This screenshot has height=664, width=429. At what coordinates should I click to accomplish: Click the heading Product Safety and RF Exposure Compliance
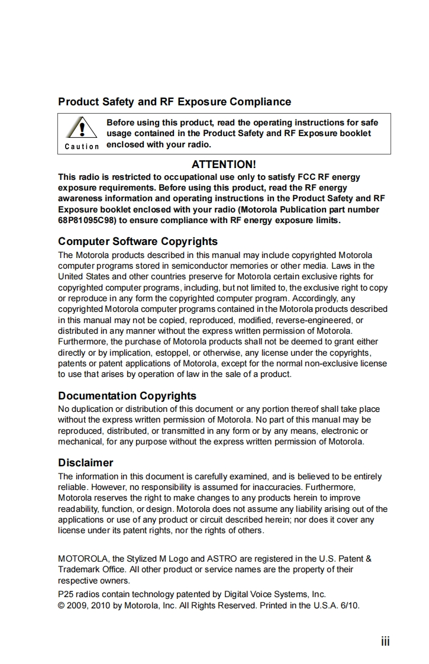pos(175,102)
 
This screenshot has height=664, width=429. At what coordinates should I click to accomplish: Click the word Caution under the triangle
pos(82,146)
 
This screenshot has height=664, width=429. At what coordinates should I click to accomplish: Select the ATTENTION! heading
pos(224,165)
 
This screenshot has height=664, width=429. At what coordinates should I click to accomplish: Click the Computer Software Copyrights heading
pos(138,241)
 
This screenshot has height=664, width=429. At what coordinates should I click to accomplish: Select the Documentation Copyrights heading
pos(127,396)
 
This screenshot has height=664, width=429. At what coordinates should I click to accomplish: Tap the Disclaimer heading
pos(86,463)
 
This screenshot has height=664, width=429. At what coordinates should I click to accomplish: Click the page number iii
pos(385,642)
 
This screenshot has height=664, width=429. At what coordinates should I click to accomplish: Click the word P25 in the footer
pos(65,594)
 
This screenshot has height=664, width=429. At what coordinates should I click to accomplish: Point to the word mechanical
pos(80,441)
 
